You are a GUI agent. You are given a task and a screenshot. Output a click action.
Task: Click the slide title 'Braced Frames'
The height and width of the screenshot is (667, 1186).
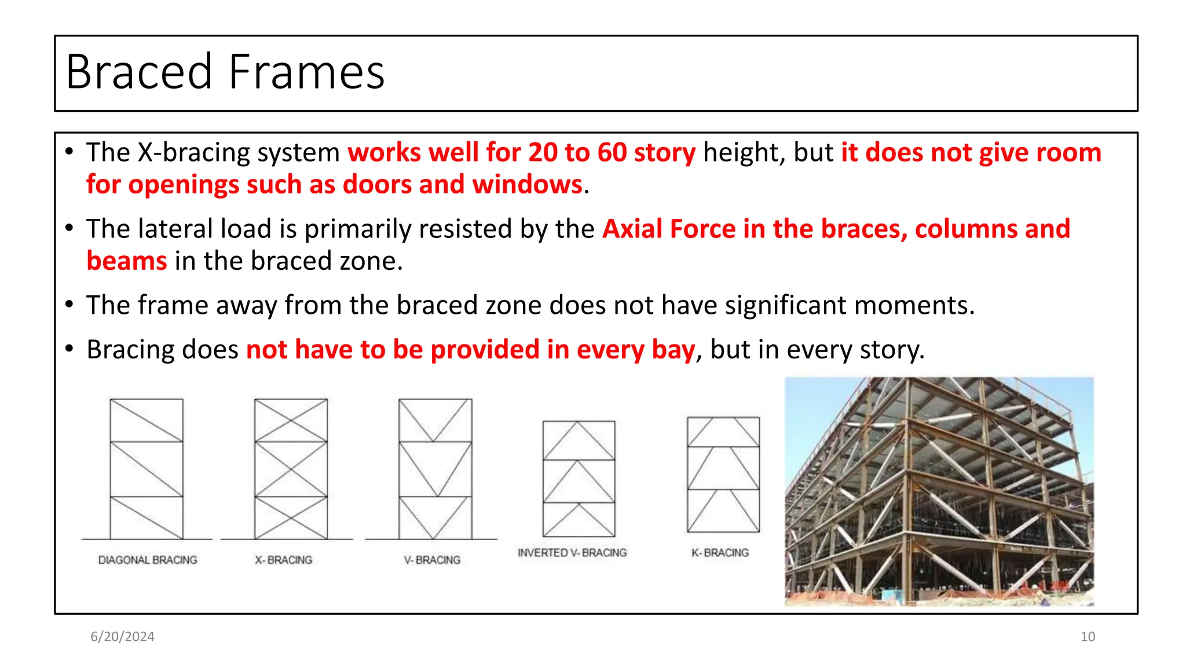(225, 72)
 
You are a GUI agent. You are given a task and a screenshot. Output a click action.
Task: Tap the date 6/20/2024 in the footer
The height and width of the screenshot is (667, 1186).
(122, 636)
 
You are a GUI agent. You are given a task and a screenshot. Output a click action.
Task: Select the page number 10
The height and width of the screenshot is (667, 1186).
(1087, 636)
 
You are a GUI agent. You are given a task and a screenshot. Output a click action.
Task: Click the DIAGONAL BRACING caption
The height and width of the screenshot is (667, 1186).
(148, 560)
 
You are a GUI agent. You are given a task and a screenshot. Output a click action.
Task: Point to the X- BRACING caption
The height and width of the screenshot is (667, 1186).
(284, 560)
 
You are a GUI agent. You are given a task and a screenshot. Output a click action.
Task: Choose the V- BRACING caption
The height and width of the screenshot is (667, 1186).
(432, 560)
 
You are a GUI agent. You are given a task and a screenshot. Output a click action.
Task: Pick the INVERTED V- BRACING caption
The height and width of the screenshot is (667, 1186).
(572, 553)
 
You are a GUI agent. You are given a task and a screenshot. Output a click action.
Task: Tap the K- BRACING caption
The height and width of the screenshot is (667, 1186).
(720, 553)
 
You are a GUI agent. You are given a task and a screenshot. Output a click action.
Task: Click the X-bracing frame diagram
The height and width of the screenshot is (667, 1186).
(291, 468)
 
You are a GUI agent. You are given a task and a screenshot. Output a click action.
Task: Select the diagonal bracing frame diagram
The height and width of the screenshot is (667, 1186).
(147, 468)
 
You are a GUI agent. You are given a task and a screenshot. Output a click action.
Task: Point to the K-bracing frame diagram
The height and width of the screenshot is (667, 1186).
(723, 474)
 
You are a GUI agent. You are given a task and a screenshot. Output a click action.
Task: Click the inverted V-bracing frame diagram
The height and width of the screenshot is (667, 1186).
(579, 478)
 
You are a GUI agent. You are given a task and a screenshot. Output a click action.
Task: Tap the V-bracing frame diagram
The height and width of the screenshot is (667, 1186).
(435, 468)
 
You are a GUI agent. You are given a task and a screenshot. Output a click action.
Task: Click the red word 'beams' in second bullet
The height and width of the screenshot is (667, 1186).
(127, 261)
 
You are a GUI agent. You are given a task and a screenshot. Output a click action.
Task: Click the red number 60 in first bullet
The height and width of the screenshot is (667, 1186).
(612, 153)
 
